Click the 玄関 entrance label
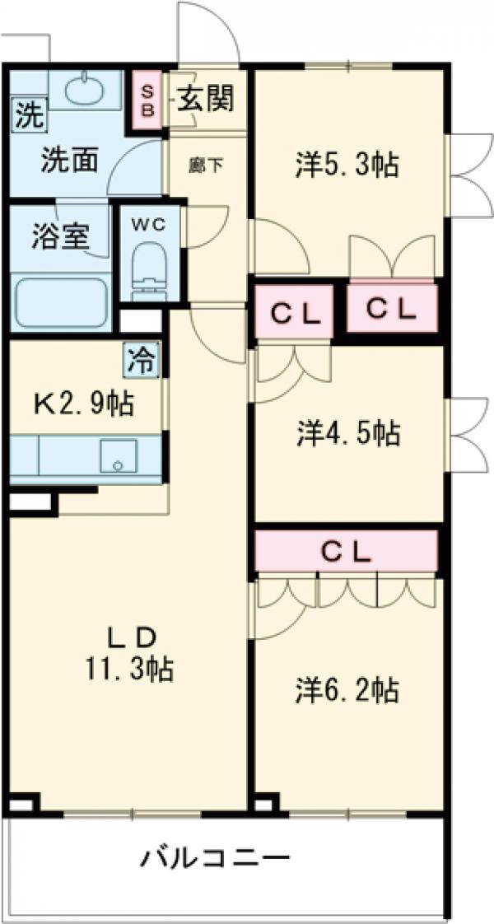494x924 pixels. point(204,100)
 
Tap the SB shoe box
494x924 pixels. point(148,100)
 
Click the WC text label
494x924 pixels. point(149,223)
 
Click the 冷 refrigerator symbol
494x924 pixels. point(142,361)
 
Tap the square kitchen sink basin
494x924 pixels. point(119,456)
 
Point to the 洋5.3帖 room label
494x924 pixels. point(347,165)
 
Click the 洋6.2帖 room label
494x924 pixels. point(347,688)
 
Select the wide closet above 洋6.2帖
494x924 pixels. point(346,551)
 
